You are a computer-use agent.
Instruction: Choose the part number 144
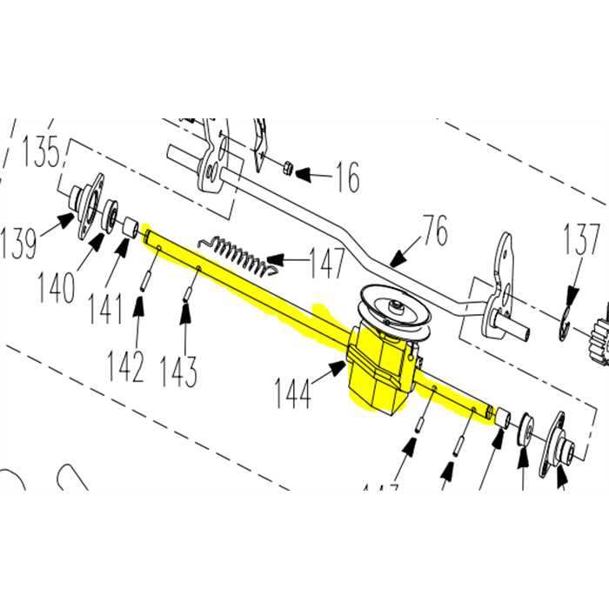click(x=293, y=394)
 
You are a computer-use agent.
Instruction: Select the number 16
click(x=345, y=179)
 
